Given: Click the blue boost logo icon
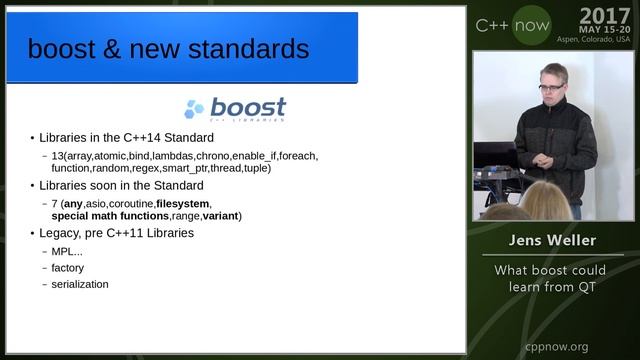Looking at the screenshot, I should (194, 109).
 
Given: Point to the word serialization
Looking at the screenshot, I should (81, 284).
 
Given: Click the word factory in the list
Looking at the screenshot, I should (68, 268).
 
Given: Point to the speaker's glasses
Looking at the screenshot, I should (550, 88).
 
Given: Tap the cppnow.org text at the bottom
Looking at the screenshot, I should (557, 346).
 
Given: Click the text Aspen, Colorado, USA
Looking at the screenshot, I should (595, 40).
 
